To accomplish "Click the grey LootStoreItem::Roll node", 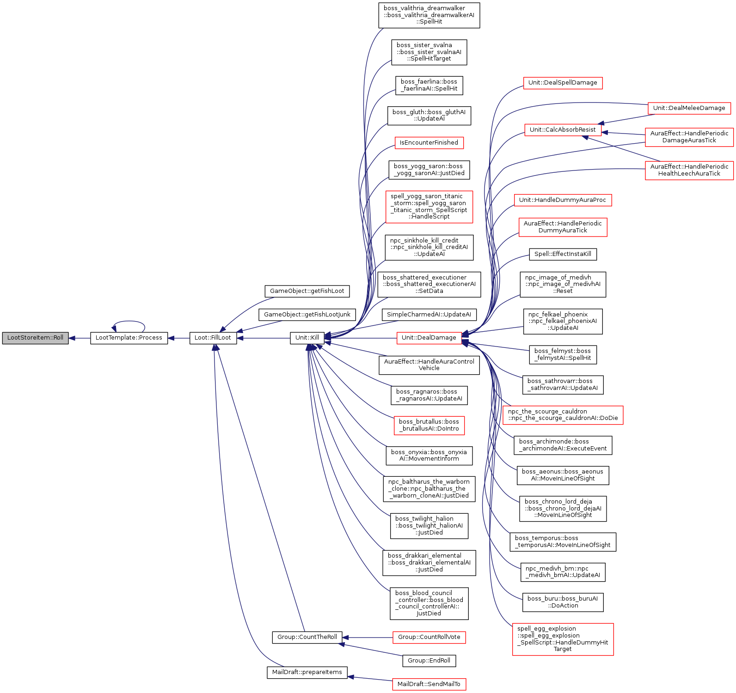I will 35,338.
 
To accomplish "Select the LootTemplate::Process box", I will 129,338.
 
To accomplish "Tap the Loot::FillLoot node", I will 213,338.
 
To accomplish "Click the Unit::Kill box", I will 307,338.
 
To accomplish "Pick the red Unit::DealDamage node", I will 429,338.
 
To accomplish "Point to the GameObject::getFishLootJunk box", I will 307,315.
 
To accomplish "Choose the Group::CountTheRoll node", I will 307,637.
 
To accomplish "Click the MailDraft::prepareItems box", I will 307,672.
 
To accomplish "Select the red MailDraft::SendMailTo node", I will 429,684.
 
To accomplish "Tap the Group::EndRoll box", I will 429,661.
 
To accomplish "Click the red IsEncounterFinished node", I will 429,143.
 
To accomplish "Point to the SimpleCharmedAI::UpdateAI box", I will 429,315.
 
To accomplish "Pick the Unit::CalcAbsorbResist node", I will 562,130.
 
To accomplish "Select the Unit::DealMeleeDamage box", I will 689,108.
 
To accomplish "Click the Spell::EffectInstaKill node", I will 562,254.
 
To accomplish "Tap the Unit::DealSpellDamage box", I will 562,83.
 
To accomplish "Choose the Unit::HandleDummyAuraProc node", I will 562,200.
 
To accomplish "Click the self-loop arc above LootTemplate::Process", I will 129,322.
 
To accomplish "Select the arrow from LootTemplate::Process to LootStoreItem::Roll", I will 80,338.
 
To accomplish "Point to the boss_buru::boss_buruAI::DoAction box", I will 562,602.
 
